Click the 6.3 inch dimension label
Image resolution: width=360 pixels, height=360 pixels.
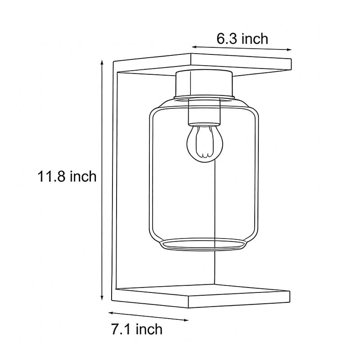pos(242,39)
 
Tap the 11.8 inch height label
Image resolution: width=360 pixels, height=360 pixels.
pos(67,176)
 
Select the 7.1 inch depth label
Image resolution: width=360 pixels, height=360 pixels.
pos(136,329)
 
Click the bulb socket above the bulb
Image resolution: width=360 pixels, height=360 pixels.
pos(205,112)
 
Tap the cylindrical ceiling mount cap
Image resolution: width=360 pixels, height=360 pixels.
pos(205,83)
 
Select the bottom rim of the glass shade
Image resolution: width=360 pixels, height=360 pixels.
pos(205,245)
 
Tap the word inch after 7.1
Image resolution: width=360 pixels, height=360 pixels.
pos(148,329)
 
